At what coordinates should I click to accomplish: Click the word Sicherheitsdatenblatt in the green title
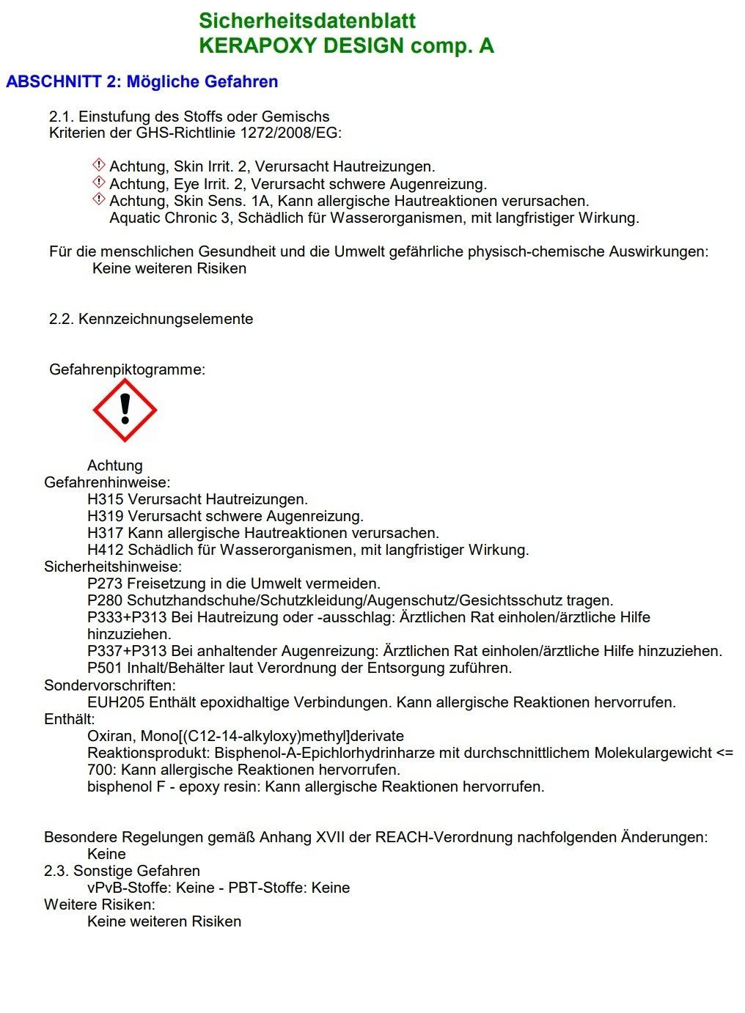click(x=307, y=21)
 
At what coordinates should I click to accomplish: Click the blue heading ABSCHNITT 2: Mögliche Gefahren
click(x=142, y=81)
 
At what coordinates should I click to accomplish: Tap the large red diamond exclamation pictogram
click(x=125, y=410)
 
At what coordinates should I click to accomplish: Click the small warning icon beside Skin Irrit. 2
click(x=99, y=166)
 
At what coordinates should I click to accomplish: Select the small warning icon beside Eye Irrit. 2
click(x=99, y=183)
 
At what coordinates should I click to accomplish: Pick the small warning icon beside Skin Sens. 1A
click(x=99, y=199)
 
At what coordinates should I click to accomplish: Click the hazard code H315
click(x=105, y=500)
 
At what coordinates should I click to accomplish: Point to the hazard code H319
click(x=105, y=517)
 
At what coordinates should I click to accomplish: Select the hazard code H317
click(x=105, y=534)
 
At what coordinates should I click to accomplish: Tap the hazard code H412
click(x=105, y=550)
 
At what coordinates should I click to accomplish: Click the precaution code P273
click(x=105, y=584)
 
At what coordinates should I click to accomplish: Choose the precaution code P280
click(x=105, y=601)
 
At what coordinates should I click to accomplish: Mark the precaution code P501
click(x=105, y=668)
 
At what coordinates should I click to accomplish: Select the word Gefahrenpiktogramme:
click(x=127, y=369)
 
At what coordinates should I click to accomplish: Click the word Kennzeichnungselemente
click(x=166, y=319)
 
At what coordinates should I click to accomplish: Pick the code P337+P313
click(x=127, y=651)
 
